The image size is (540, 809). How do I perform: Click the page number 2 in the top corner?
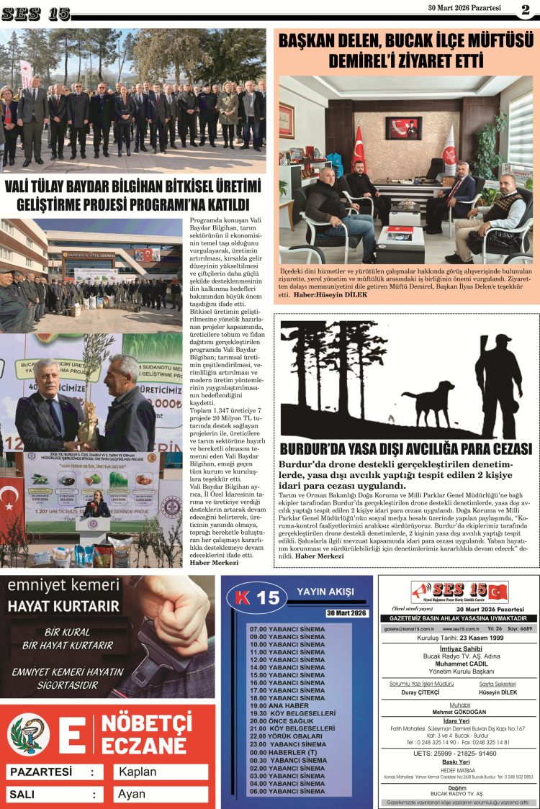(525, 9)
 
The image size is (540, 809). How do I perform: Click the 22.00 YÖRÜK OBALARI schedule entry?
(285, 736)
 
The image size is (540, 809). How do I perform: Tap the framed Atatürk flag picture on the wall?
(403, 127)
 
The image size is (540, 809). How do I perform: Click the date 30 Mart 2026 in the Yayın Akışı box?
(346, 613)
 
